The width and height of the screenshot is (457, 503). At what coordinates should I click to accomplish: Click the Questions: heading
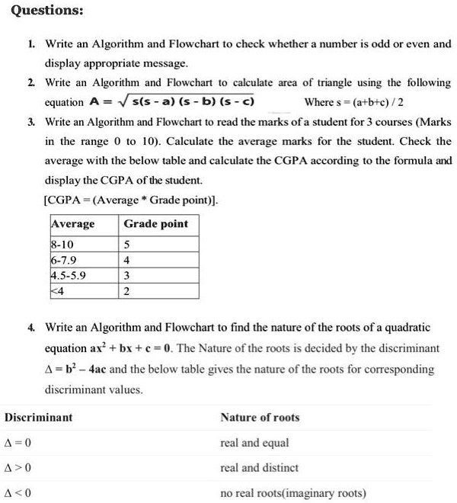coord(43,11)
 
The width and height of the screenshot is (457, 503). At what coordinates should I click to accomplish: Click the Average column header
coord(73,224)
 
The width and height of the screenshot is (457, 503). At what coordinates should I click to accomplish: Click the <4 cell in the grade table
coord(56,291)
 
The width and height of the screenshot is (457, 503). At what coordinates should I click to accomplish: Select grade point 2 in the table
coord(127,291)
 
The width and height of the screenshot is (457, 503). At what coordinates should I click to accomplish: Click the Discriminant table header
coord(39,418)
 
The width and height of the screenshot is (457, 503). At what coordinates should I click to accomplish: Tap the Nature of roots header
coord(260,418)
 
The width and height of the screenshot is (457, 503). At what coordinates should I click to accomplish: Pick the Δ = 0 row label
coord(18,443)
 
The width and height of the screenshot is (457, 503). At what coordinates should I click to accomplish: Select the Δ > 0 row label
coord(18,468)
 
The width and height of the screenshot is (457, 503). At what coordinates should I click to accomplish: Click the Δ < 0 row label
coord(18,493)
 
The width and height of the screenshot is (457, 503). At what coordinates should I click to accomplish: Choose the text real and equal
coord(254,443)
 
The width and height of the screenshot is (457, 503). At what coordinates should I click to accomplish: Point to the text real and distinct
coord(259,468)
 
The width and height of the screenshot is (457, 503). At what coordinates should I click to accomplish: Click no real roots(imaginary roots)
coord(293,493)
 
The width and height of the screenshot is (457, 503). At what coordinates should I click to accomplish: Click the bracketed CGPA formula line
coord(132,201)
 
